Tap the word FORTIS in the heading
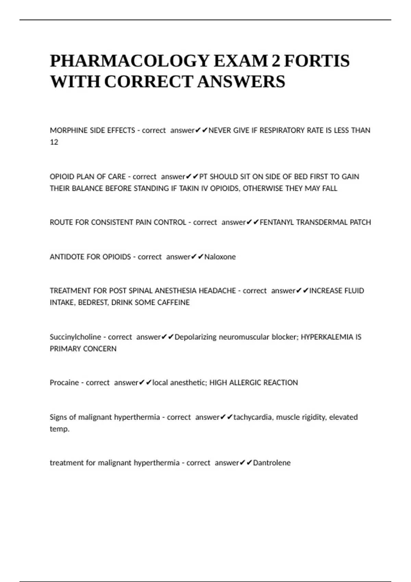pyautogui.click(x=316, y=61)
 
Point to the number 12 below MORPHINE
pyautogui.click(x=54, y=142)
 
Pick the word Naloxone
pyautogui.click(x=220, y=257)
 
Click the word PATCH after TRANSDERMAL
pyautogui.click(x=360, y=223)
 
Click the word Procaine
pyautogui.click(x=64, y=383)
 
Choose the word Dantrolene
pyautogui.click(x=272, y=463)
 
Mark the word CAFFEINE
pyautogui.click(x=174, y=303)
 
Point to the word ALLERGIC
pyautogui.click(x=245, y=383)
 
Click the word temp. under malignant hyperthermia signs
pyautogui.click(x=60, y=429)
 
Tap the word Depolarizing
pyautogui.click(x=196, y=337)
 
